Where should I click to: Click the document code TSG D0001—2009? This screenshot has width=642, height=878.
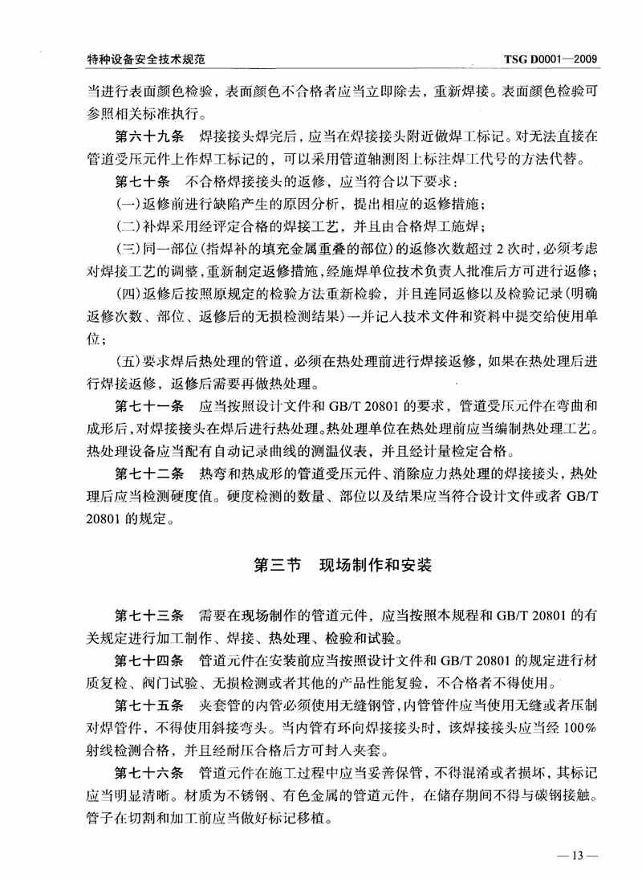click(550, 59)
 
